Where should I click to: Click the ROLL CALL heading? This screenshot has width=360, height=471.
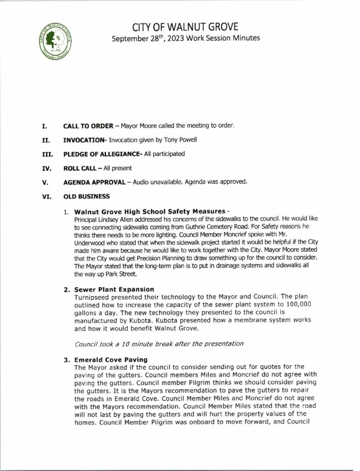81,168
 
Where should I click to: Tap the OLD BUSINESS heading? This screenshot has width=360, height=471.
86,196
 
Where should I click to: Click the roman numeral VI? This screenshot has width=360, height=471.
46,196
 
